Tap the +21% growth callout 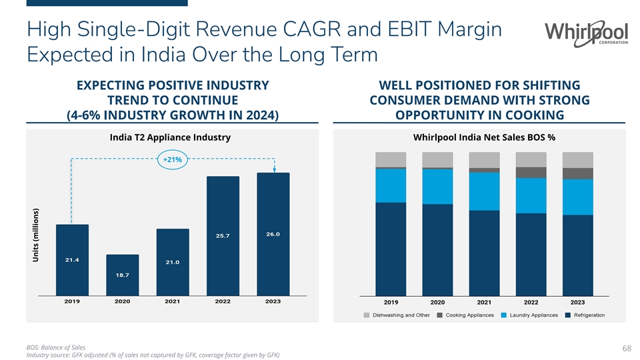click(x=172, y=160)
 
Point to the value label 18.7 click(x=122, y=275)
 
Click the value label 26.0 click(x=273, y=234)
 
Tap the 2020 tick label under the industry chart click(x=122, y=301)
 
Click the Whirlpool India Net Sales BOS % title click(x=485, y=137)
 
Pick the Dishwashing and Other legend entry click(x=396, y=315)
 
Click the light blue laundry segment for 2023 click(x=578, y=197)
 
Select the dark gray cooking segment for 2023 click(x=578, y=173)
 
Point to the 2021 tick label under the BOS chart click(x=485, y=301)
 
